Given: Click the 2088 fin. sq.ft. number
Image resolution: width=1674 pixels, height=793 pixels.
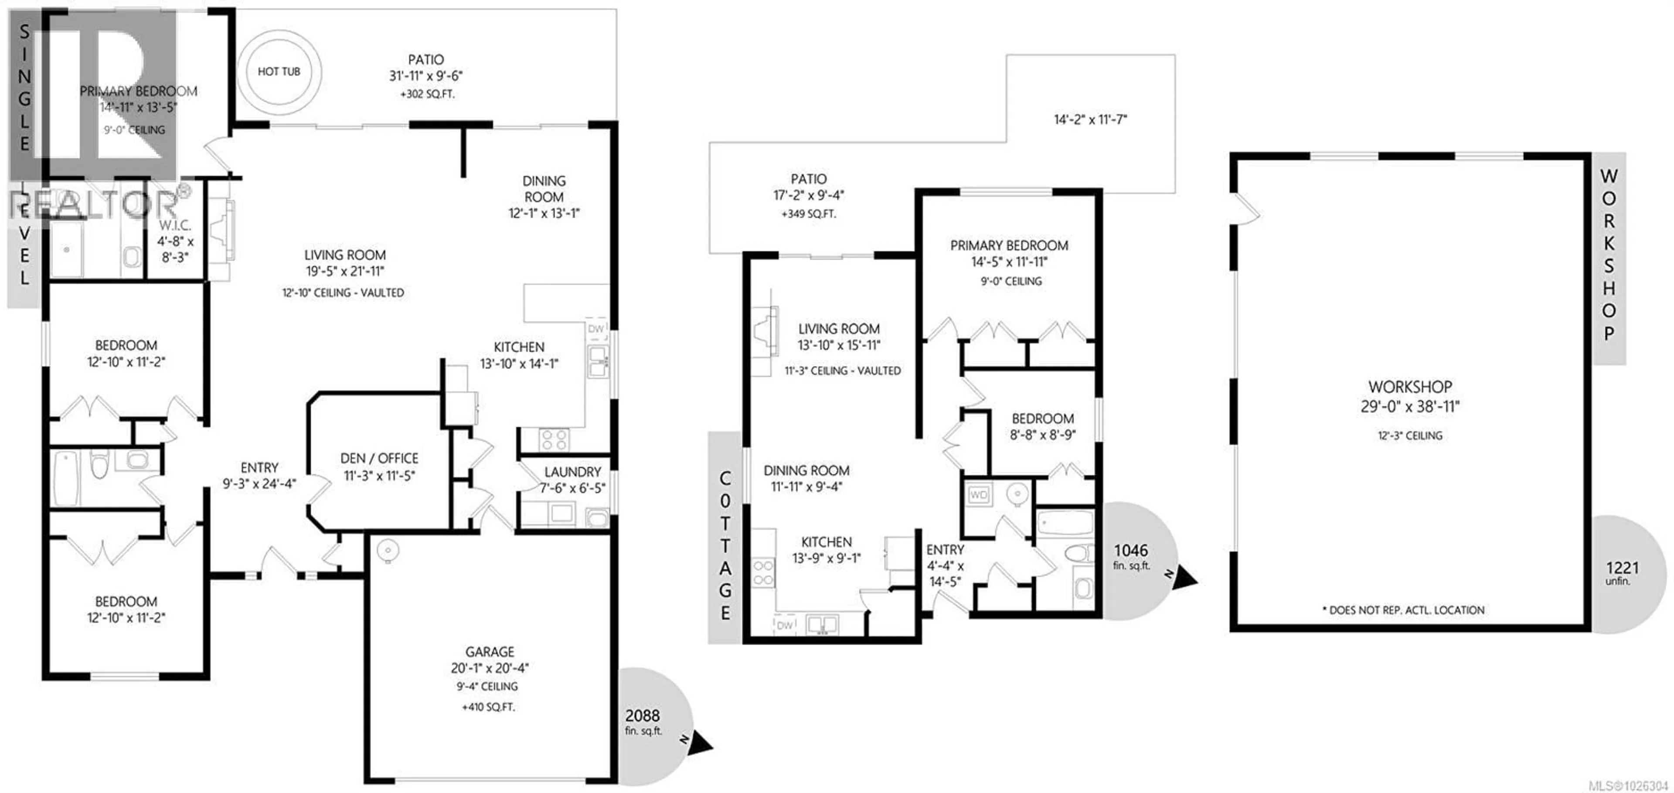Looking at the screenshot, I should (642, 716).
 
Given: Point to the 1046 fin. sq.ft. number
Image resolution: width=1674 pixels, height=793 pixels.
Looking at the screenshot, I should (1131, 551).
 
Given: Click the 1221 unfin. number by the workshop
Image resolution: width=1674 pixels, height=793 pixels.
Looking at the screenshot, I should (1622, 568).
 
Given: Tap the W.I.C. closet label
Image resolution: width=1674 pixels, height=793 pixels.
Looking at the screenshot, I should (175, 225).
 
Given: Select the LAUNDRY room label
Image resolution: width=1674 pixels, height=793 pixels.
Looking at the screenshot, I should (572, 472).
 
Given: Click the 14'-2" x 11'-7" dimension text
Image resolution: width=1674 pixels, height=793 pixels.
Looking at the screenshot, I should (1090, 119).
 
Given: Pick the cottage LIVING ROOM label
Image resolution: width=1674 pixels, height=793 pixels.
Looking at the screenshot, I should (838, 329).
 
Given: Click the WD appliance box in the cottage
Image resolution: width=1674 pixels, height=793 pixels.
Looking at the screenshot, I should (978, 495).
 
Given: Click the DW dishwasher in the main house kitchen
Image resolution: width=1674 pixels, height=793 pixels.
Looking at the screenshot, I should (596, 329).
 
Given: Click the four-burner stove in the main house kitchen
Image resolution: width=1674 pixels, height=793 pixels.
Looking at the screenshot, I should (554, 440).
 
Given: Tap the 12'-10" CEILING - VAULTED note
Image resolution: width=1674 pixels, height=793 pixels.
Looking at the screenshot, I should (343, 293).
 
